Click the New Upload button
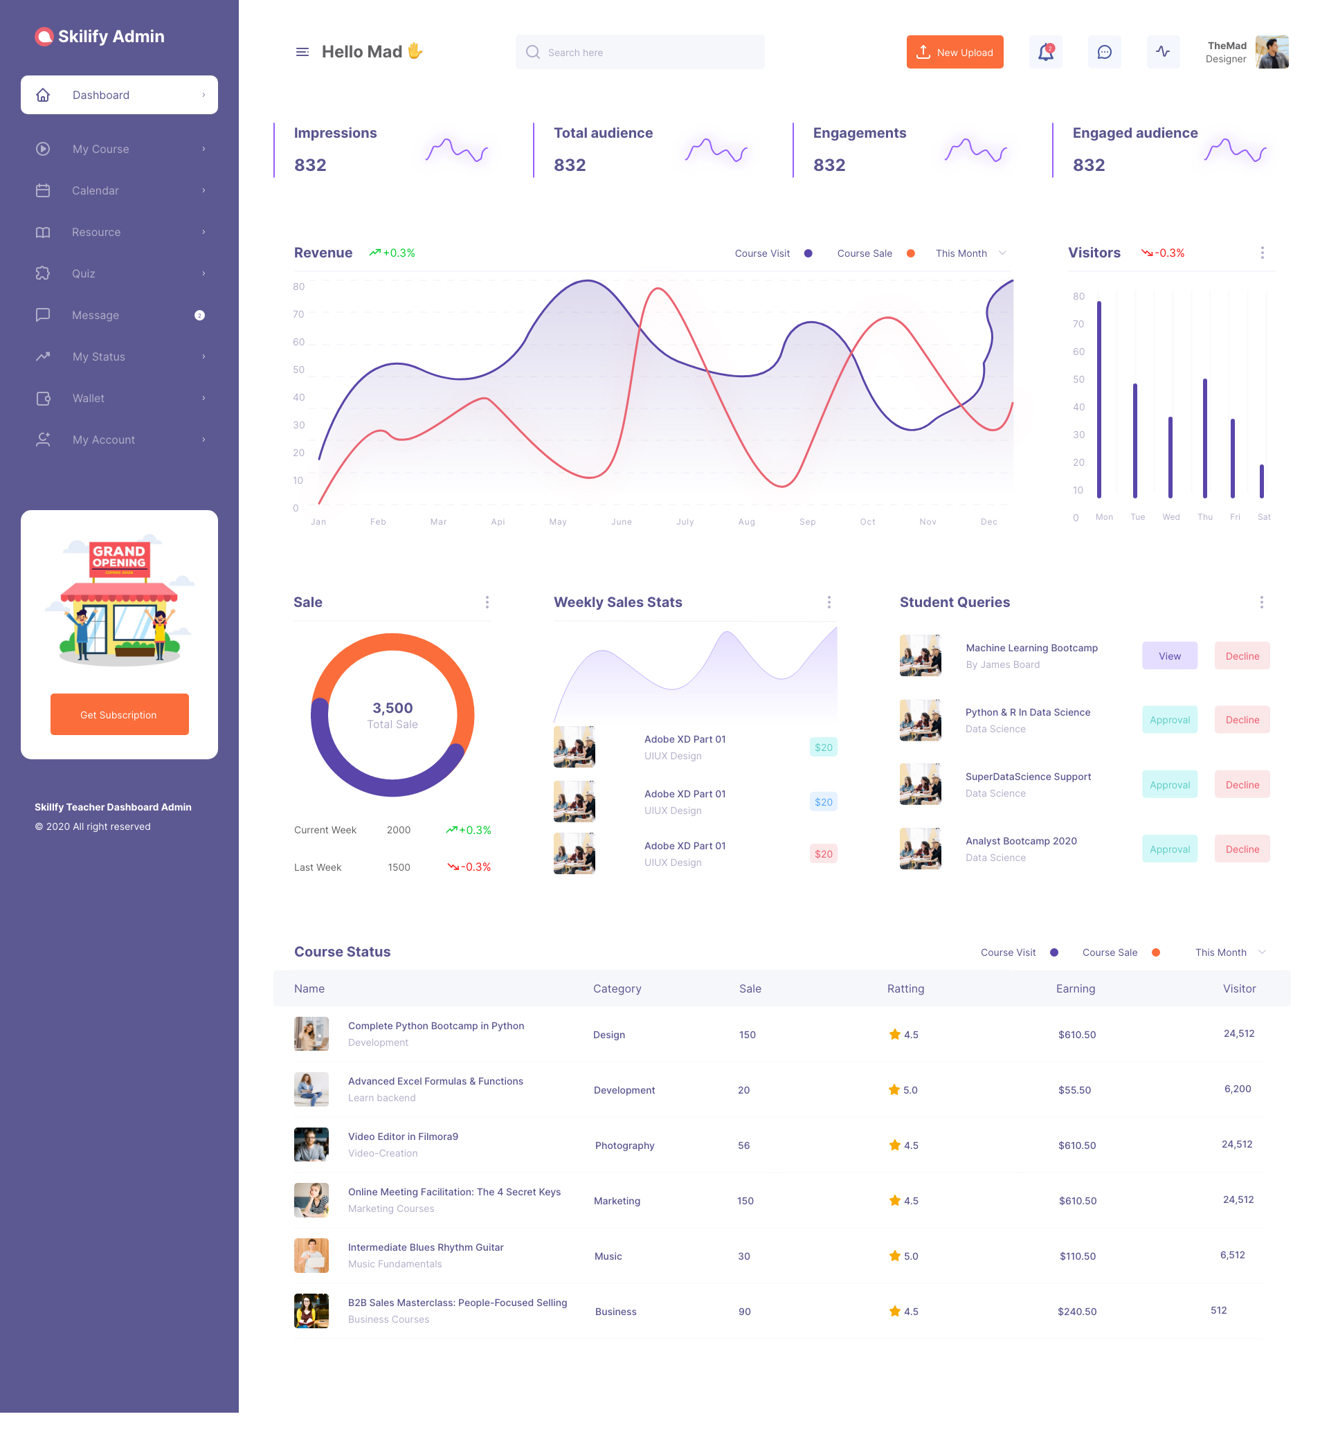pos(955,52)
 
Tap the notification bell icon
pos(1045,52)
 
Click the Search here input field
pos(640,52)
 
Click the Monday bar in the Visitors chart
pos(1099,399)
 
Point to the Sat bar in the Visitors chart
pos(1261,481)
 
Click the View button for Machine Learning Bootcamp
pos(1169,655)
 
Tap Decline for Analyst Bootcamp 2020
pos(1242,849)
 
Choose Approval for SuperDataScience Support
pos(1169,784)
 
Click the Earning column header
pos(1075,988)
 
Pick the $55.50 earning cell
pos(1074,1090)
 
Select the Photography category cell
pos(624,1146)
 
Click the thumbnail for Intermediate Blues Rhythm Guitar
pos(311,1256)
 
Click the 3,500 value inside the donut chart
pos(392,708)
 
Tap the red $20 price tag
pos(824,854)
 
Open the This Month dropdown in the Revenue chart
pos(970,253)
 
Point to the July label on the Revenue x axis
pos(685,522)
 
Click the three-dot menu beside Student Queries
pos(1261,602)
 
